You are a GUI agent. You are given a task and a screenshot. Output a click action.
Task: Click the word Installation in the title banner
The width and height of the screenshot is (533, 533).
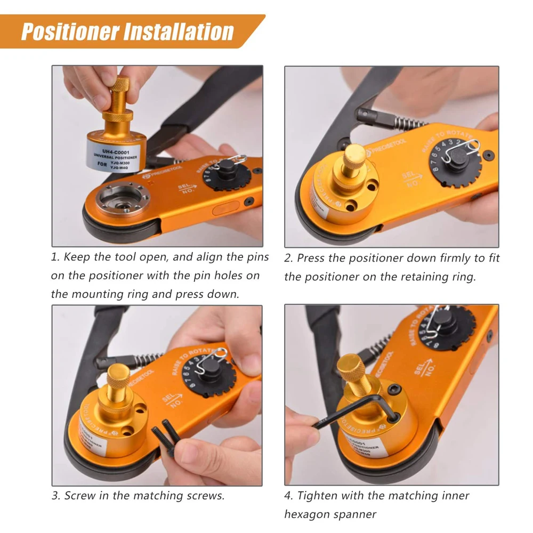click(180, 31)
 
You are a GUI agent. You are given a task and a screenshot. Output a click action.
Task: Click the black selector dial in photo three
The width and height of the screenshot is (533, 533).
click(211, 373)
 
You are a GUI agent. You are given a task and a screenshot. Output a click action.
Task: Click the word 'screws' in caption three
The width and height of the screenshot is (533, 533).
click(206, 496)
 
